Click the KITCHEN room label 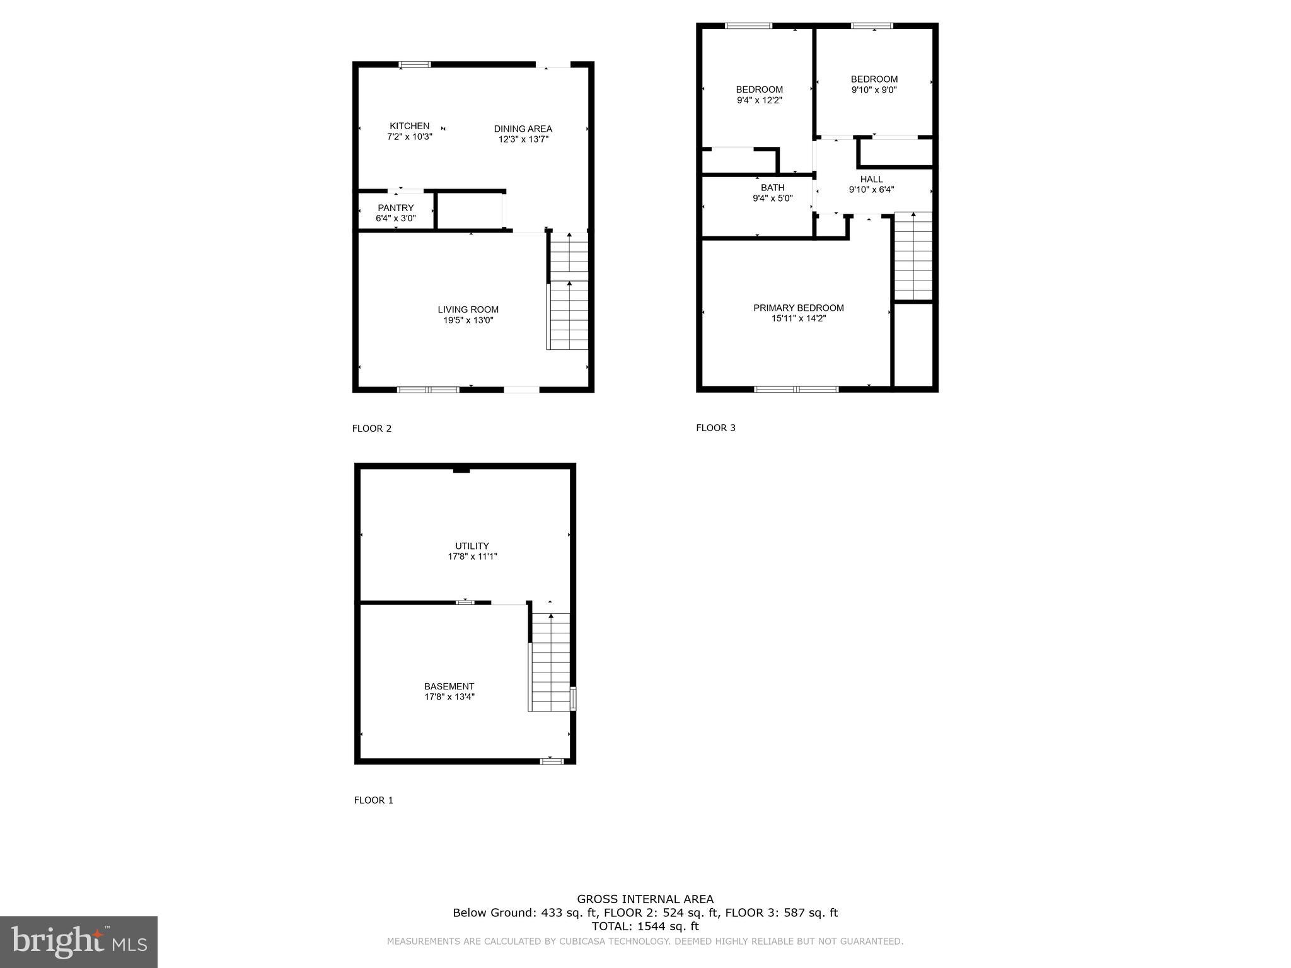point(409,126)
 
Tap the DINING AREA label point(523,129)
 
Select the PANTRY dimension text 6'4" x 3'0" point(395,219)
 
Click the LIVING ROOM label point(468,309)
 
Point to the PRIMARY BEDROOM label point(798,308)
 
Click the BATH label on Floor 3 point(772,187)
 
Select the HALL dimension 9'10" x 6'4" point(871,189)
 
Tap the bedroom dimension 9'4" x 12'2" point(759,100)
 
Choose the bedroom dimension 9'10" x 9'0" point(874,89)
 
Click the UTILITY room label point(472,546)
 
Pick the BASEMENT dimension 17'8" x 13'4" point(449,697)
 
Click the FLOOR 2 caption point(371,429)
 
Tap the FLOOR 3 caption point(715,428)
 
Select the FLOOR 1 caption point(373,800)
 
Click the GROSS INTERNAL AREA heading point(645,899)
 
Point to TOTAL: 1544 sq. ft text point(645,926)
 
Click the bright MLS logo point(78,942)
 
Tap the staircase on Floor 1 point(550,662)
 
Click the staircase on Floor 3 point(913,256)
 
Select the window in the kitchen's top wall point(415,64)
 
